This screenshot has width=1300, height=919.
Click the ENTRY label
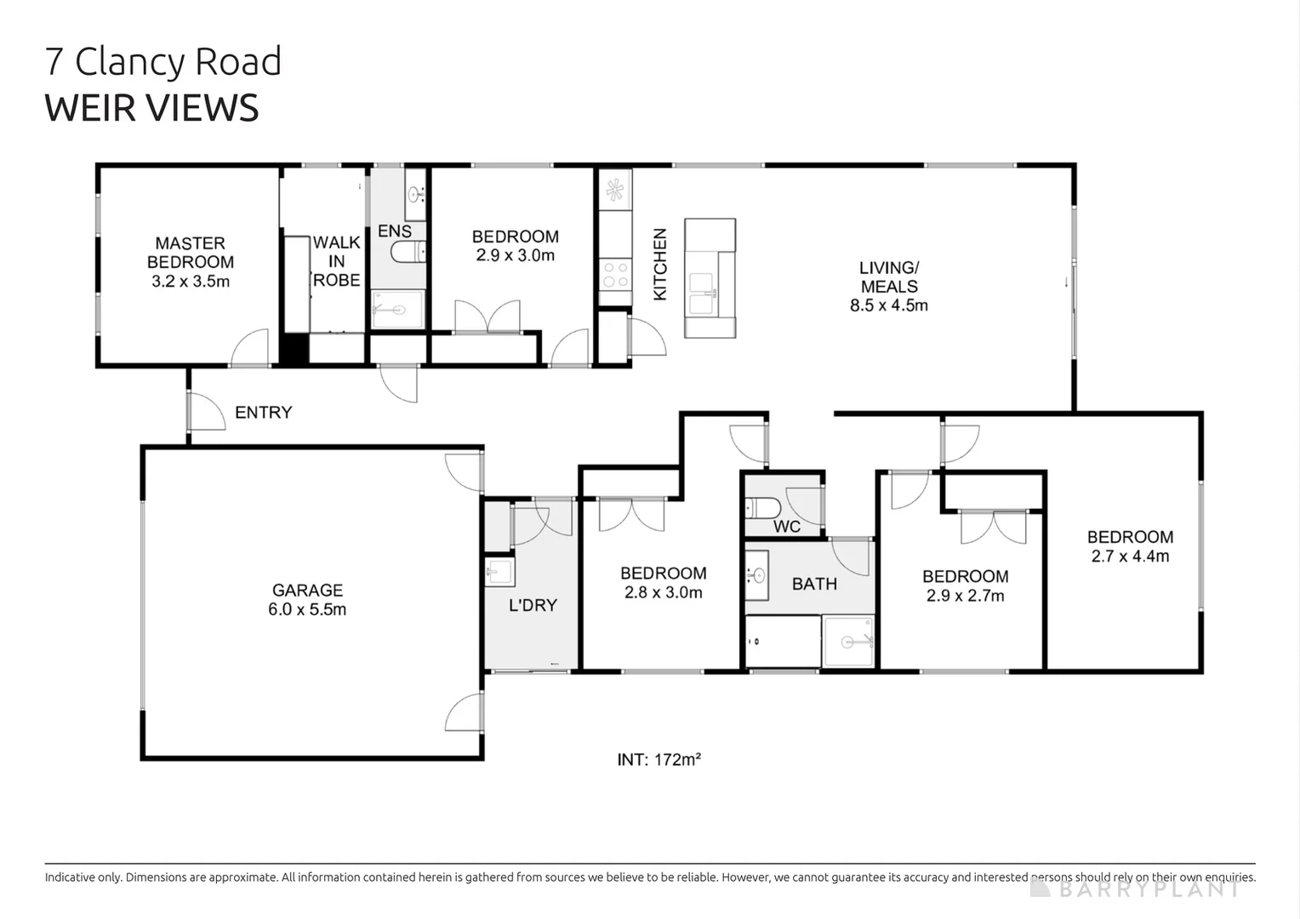(263, 413)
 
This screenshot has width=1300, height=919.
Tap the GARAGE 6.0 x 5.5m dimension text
(307, 609)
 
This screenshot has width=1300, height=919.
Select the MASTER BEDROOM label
(191, 253)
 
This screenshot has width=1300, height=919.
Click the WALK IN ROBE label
(337, 261)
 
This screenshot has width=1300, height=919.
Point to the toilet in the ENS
(408, 252)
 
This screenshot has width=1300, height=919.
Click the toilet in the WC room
(763, 508)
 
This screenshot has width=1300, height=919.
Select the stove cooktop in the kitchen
(615, 274)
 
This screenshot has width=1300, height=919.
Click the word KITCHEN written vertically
(660, 264)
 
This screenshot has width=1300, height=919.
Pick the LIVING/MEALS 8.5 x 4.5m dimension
(889, 305)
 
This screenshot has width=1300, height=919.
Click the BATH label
(814, 584)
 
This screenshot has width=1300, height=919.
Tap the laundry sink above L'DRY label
(499, 571)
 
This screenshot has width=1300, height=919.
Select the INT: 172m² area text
(659, 760)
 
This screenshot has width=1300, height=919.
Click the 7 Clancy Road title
(162, 61)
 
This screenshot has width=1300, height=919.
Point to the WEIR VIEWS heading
(151, 108)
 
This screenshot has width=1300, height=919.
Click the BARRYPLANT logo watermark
(1136, 889)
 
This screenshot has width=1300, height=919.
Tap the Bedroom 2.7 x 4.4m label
(1130, 546)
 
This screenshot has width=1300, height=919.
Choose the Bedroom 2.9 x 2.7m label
(965, 586)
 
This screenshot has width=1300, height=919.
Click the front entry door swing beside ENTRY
(204, 412)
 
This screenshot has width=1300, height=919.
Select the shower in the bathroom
(848, 641)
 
